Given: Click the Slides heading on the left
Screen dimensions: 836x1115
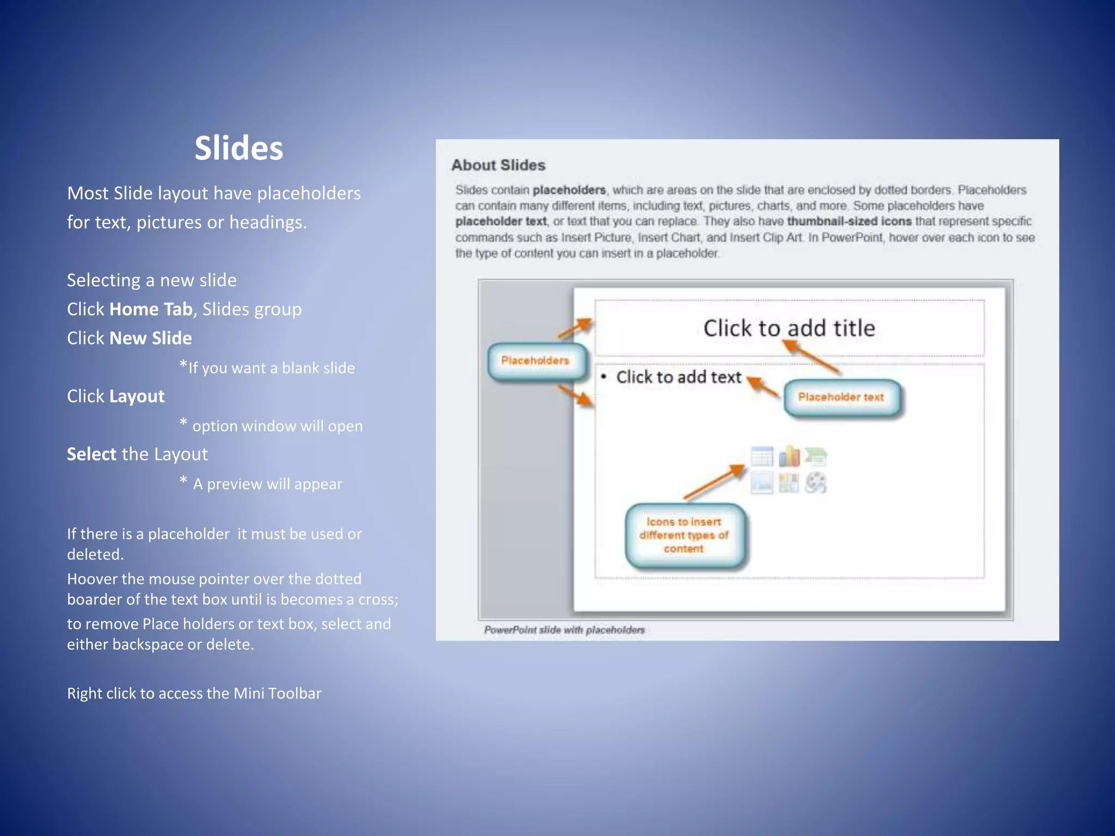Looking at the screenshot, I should click(x=239, y=148).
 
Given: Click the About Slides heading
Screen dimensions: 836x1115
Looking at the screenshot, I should click(x=498, y=165).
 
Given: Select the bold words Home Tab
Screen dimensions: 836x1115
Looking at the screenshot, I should click(x=151, y=309).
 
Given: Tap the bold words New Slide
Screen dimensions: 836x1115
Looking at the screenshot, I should click(x=150, y=338).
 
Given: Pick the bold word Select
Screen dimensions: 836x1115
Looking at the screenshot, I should click(x=91, y=454).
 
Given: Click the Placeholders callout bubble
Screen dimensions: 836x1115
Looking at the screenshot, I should click(x=536, y=361).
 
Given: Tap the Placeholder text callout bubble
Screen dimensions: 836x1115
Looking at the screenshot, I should click(x=841, y=397).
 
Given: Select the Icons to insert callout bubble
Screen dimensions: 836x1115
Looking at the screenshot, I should click(x=684, y=536).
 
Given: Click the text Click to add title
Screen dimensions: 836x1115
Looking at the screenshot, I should click(x=789, y=328).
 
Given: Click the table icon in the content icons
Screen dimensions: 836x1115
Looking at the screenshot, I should click(x=762, y=457).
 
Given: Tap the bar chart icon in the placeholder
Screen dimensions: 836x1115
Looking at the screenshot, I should click(x=789, y=457).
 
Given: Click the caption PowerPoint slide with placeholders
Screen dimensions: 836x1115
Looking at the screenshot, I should click(x=564, y=630).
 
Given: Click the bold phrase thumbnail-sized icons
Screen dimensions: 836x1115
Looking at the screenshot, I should click(x=849, y=222).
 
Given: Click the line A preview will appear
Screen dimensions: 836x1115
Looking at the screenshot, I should click(x=267, y=484).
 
